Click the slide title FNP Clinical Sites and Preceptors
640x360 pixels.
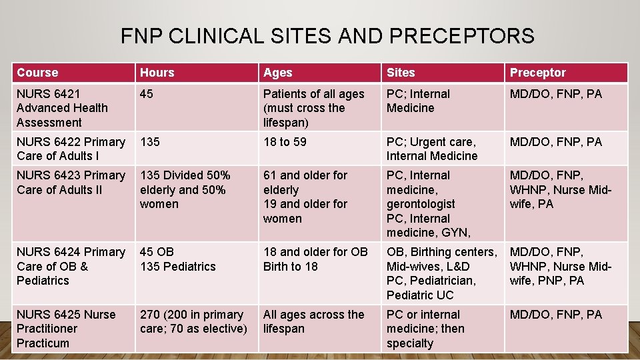click(x=327, y=35)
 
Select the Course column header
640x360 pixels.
click(x=37, y=73)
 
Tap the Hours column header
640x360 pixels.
click(x=157, y=73)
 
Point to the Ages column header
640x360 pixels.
click(x=277, y=73)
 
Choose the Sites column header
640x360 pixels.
click(x=401, y=73)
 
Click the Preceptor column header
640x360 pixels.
click(x=537, y=73)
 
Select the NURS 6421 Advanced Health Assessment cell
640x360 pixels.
click(x=62, y=108)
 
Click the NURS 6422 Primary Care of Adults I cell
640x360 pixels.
click(x=71, y=149)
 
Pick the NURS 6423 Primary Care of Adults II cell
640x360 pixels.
click(x=71, y=182)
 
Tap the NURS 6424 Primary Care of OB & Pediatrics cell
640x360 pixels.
click(x=71, y=266)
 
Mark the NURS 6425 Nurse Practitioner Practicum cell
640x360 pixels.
click(x=65, y=329)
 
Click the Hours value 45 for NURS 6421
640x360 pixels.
click(x=147, y=94)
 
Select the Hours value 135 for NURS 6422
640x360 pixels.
click(x=150, y=142)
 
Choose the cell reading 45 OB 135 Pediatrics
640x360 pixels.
click(x=177, y=259)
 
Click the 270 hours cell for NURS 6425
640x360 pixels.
click(x=193, y=321)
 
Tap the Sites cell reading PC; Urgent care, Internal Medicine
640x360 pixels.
click(x=432, y=149)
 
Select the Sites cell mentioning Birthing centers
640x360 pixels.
click(x=441, y=273)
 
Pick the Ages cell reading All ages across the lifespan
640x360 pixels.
click(x=313, y=321)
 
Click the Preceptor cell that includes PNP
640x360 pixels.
click(x=560, y=266)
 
